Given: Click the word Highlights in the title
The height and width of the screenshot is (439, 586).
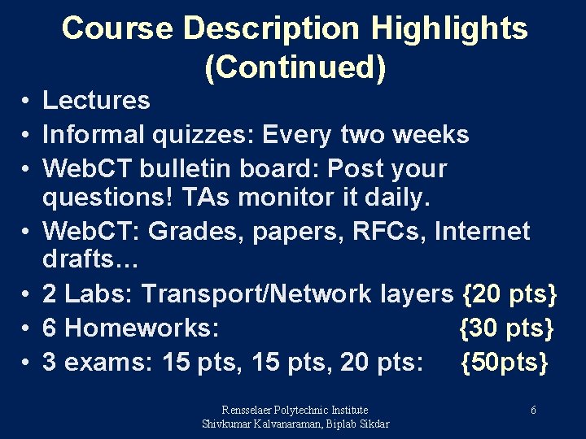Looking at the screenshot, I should click(450, 28).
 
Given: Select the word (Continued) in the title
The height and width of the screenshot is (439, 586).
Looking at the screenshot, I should click(295, 67).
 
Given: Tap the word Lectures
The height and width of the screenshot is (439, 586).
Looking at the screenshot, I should click(96, 101).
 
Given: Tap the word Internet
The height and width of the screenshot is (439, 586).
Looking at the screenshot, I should click(482, 231).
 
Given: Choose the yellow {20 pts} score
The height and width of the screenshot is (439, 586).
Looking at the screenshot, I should click(509, 293).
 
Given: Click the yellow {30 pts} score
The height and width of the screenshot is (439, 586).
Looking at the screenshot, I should click(507, 328).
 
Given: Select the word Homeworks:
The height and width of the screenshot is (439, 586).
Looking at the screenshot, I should click(140, 328).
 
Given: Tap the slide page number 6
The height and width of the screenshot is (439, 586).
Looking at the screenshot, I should click(533, 411).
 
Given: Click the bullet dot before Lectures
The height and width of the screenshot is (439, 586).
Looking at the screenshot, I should click(27, 102).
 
